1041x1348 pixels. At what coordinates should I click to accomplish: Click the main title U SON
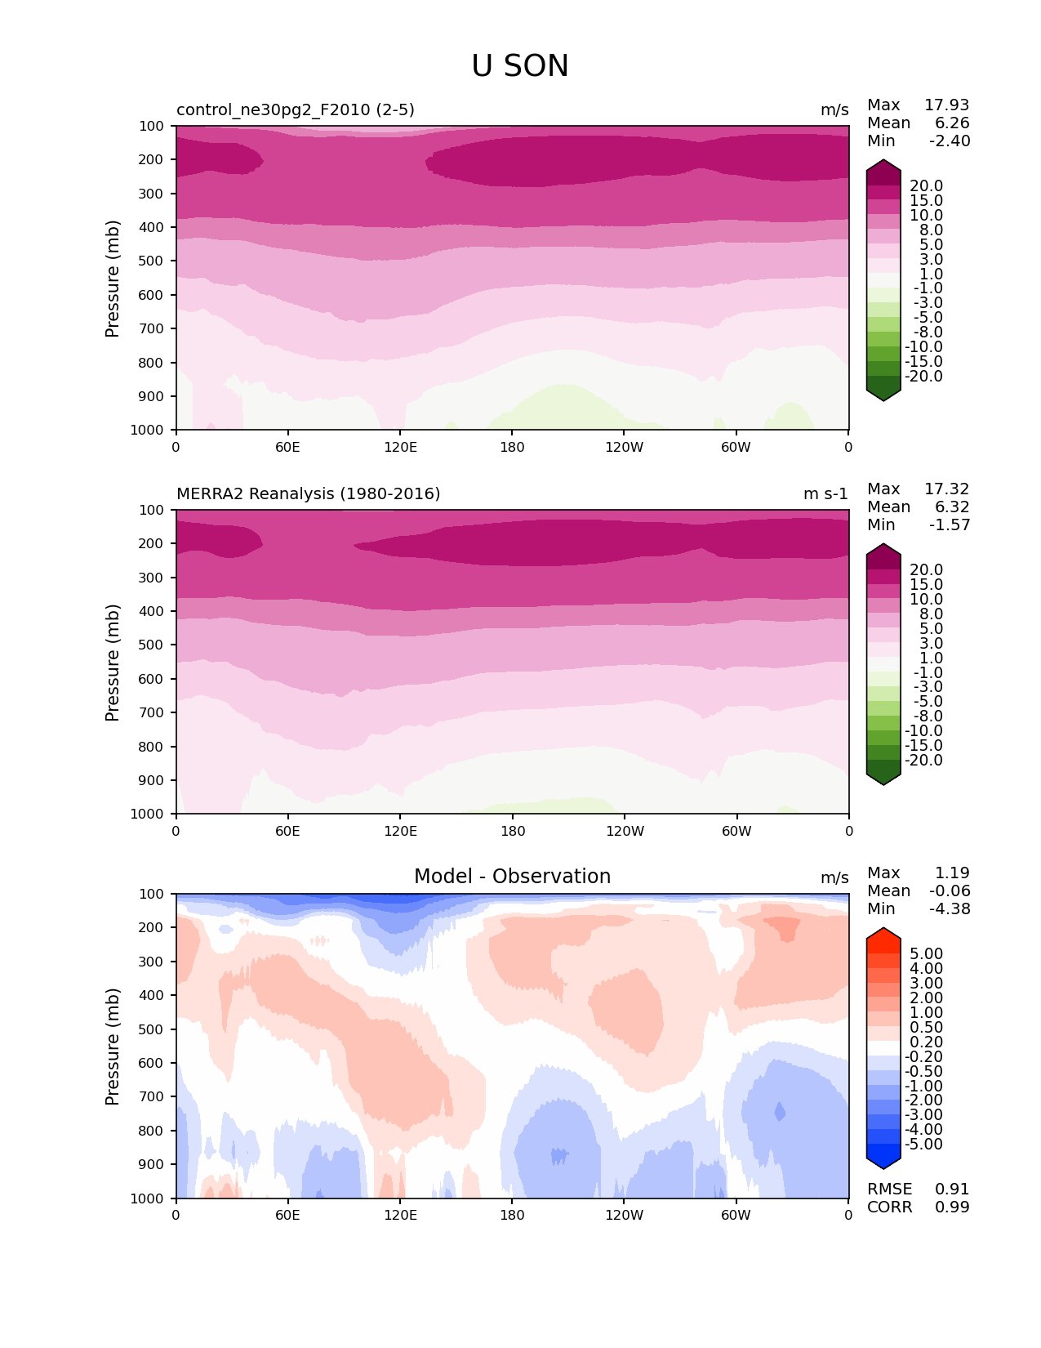tap(520, 66)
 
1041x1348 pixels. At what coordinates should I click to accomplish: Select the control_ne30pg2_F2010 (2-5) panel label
tap(296, 110)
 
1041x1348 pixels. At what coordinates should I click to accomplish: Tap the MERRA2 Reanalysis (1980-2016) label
tap(309, 494)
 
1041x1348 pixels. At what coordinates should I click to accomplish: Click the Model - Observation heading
tap(512, 877)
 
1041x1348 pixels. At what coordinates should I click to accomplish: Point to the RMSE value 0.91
tap(952, 1190)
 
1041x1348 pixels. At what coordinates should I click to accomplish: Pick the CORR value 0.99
tap(952, 1207)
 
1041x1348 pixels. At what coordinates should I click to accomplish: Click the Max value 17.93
tap(946, 105)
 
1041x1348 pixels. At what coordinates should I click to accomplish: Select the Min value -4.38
tap(950, 909)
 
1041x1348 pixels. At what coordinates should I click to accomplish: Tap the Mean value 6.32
tap(952, 507)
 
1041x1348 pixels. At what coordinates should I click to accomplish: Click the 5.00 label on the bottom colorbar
tap(926, 954)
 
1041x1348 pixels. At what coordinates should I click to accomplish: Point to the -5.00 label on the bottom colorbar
tap(923, 1145)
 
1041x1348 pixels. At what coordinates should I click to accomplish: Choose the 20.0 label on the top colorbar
tap(926, 186)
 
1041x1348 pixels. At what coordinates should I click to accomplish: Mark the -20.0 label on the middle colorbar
tap(923, 761)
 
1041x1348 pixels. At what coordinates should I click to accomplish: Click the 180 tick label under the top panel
tap(512, 448)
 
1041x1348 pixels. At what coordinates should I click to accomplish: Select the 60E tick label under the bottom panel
tap(287, 1216)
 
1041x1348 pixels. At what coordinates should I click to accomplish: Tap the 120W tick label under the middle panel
tap(625, 832)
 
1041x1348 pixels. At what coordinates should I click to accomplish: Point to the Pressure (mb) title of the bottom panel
tap(113, 1047)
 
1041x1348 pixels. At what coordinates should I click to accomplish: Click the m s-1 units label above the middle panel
tap(825, 494)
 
